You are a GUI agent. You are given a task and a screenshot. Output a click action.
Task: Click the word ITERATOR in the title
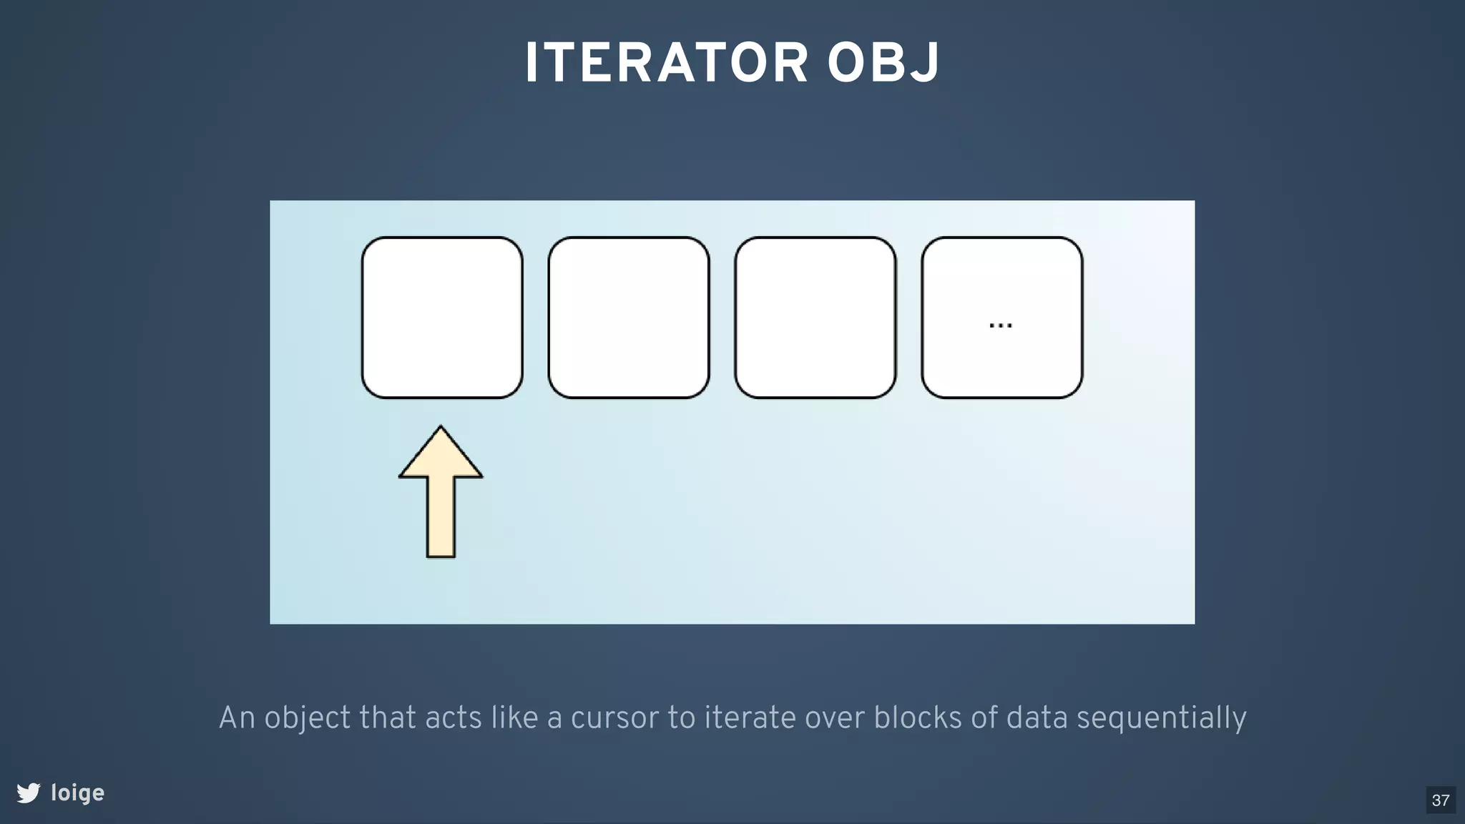tap(666, 64)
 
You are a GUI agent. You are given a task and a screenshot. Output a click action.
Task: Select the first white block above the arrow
tap(442, 318)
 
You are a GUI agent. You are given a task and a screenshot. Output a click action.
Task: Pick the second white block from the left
tap(629, 318)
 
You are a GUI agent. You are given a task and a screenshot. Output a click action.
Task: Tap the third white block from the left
tap(815, 318)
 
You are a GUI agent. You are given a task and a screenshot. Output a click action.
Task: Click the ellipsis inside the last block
tap(1000, 325)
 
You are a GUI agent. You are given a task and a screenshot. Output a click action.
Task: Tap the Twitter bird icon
tap(29, 793)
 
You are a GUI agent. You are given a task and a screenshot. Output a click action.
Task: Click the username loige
tap(77, 793)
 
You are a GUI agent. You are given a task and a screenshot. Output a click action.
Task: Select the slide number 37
tap(1441, 800)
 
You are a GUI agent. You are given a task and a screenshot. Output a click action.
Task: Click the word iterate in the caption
tap(750, 718)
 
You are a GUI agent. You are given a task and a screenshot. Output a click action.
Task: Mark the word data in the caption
tap(1037, 718)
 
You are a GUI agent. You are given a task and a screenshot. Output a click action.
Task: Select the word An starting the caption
tap(236, 718)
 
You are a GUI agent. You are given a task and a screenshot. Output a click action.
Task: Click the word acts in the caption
tap(454, 718)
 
